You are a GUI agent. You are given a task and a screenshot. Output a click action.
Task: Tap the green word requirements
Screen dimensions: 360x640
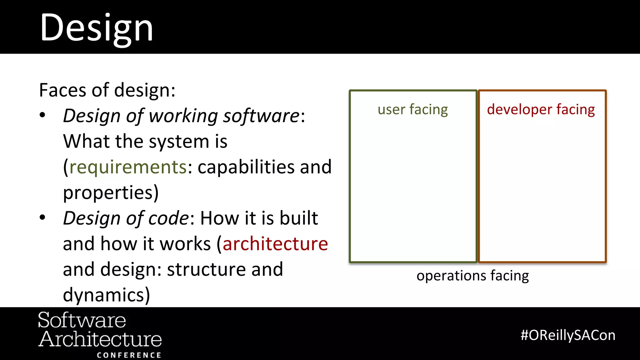pyautogui.click(x=128, y=167)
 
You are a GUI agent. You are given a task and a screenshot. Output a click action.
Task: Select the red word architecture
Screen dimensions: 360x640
pyautogui.click(x=275, y=244)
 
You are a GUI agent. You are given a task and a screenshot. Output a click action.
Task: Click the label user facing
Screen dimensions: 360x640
pyautogui.click(x=412, y=110)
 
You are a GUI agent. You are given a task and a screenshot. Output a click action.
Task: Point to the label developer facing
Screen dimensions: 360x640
pyautogui.click(x=541, y=110)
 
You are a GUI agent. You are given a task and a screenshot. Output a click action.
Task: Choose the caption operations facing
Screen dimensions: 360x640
pyautogui.click(x=472, y=276)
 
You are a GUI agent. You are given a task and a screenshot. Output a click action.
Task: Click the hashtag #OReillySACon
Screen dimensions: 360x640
pyautogui.click(x=568, y=335)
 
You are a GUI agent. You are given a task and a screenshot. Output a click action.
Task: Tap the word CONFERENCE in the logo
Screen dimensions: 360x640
pyautogui.click(x=129, y=355)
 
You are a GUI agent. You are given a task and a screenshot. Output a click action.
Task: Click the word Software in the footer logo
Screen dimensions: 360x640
pyautogui.click(x=82, y=320)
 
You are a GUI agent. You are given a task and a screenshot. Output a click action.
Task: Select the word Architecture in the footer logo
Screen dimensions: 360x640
pyautogui.click(x=100, y=339)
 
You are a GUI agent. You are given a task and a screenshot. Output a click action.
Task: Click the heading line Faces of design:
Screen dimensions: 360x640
pyautogui.click(x=107, y=90)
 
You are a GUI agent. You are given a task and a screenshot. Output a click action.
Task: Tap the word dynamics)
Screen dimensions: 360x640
pyautogui.click(x=106, y=295)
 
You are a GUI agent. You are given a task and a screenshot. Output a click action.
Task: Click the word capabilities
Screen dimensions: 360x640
pyautogui.click(x=246, y=167)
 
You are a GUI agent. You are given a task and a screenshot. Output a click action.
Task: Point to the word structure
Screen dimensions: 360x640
pyautogui.click(x=207, y=269)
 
